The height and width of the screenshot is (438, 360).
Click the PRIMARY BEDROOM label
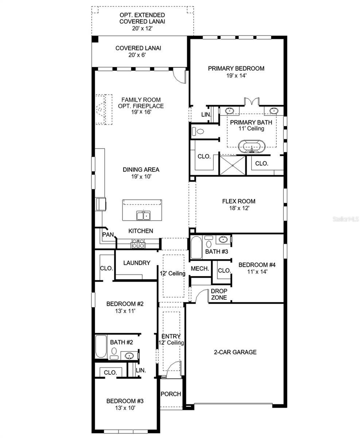tap(236, 69)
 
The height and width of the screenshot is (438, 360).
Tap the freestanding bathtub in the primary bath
tap(252, 147)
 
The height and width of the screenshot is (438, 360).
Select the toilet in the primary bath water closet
tap(198, 131)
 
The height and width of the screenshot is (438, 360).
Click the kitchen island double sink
tap(143, 216)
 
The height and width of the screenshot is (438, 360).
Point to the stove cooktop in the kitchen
tap(138, 243)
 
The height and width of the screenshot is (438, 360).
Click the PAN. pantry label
tap(108, 235)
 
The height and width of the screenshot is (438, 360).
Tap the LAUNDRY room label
tap(137, 263)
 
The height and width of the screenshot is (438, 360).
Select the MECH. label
tap(200, 269)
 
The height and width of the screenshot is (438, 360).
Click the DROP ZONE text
tap(219, 294)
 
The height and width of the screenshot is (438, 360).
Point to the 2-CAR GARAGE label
tap(235, 352)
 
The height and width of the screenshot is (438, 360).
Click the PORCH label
tap(171, 394)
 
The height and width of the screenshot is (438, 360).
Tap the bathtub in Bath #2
tap(101, 346)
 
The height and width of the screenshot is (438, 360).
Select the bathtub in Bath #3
tap(196, 247)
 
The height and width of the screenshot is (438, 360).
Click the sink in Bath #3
tap(223, 239)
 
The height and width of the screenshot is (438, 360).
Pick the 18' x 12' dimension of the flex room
tap(239, 208)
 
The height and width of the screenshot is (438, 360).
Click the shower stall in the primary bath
tap(233, 165)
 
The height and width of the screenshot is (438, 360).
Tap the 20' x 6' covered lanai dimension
tap(137, 55)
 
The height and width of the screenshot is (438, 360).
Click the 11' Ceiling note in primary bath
tap(251, 128)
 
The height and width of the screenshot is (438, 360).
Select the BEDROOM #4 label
tap(257, 265)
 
